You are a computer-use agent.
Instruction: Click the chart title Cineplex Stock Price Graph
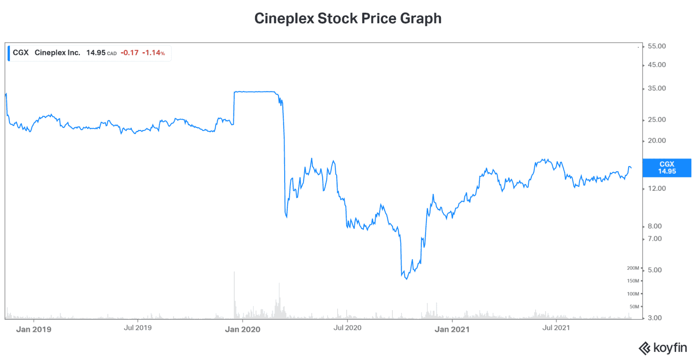[x=348, y=19]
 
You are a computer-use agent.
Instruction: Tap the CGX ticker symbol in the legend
[x=20, y=53]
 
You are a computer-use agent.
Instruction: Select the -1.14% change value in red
[x=153, y=53]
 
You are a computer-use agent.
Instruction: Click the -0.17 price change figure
[x=130, y=53]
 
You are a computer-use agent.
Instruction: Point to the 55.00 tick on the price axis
[x=657, y=46]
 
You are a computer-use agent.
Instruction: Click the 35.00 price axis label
[x=657, y=88]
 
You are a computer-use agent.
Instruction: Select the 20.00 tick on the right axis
[x=657, y=141]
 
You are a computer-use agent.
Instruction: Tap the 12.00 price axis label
[x=657, y=189]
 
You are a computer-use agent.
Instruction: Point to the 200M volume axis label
[x=633, y=268]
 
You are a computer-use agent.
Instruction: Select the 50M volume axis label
[x=634, y=307]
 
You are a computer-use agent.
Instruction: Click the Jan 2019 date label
[x=34, y=329]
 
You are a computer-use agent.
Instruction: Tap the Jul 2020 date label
[x=347, y=328]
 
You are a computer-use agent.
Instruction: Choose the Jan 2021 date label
[x=452, y=329]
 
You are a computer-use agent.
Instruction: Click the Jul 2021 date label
[x=556, y=328]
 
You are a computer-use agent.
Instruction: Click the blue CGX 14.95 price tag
[x=667, y=168]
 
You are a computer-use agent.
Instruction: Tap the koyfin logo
[x=662, y=348]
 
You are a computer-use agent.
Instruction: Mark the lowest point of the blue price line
[x=406, y=279]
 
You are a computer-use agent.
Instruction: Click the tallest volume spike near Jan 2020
[x=234, y=272]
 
